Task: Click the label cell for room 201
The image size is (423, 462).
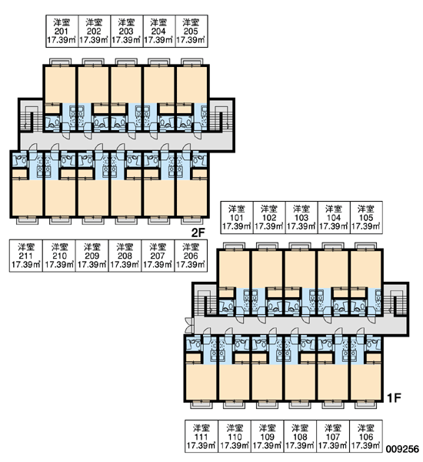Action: click(62, 32)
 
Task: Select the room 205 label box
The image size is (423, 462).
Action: click(192, 32)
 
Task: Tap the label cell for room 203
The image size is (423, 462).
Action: click(127, 32)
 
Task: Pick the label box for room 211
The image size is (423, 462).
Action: click(26, 256)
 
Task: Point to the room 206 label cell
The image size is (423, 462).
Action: click(191, 256)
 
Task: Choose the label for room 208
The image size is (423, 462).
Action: click(125, 256)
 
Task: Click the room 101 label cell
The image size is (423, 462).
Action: click(237, 217)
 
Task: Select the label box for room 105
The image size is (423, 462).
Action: click(366, 217)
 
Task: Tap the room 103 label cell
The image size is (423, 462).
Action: click(301, 217)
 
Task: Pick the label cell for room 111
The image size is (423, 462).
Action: click(202, 437)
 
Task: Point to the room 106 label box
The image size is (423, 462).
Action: click(366, 437)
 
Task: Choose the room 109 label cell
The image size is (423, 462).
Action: click(268, 437)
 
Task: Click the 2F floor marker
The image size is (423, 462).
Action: click(198, 233)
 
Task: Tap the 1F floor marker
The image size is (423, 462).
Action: click(394, 398)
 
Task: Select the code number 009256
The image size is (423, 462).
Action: click(403, 449)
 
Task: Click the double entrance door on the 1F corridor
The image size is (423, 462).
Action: click(188, 325)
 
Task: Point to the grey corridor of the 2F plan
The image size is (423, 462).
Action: click(127, 141)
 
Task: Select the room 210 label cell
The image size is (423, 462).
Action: click(59, 256)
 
